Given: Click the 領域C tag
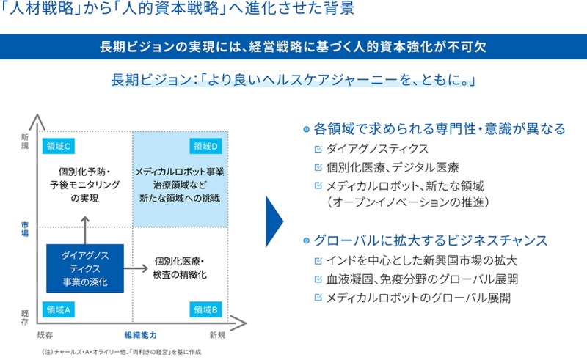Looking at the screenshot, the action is (59, 147).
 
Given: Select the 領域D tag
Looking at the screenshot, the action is (205, 147).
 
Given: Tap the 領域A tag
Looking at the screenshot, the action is (59, 309).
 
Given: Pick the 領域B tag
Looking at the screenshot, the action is (205, 309).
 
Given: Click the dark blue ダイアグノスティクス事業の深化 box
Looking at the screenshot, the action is (85, 268).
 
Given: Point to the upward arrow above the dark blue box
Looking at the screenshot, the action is (85, 230).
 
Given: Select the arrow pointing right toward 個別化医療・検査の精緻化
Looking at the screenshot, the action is (136, 268).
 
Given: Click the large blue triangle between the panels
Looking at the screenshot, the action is (274, 221).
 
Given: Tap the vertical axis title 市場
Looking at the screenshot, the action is (25, 229).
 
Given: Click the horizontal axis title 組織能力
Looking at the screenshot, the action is (140, 335).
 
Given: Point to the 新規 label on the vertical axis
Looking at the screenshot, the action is (25, 142).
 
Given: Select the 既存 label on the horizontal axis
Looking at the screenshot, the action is (45, 335).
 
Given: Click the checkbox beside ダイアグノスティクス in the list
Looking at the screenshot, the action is (318, 149).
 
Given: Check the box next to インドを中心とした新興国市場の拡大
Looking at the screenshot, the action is (318, 261).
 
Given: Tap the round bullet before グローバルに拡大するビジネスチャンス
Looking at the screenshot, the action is (306, 240).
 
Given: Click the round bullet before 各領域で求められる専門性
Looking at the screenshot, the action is (306, 129).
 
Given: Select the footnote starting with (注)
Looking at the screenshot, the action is (122, 352).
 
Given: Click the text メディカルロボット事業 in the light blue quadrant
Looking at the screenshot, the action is (180, 172).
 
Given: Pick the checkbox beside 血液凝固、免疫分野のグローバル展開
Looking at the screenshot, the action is (318, 279).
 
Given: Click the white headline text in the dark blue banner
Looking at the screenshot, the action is (293, 47).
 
